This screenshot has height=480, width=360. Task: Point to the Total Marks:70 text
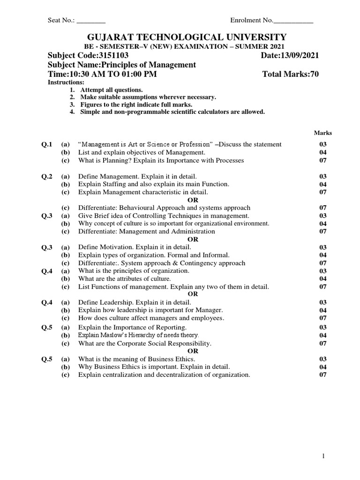[291, 75]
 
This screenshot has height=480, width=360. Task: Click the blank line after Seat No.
[91, 21]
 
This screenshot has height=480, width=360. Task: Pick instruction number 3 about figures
[136, 104]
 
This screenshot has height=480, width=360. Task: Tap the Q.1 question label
[47, 144]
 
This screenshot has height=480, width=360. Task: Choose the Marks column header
[322, 133]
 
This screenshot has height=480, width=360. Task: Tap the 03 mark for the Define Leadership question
[322, 302]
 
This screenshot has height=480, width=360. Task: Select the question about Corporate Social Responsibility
[145, 343]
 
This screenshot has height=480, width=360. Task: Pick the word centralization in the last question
[124, 375]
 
